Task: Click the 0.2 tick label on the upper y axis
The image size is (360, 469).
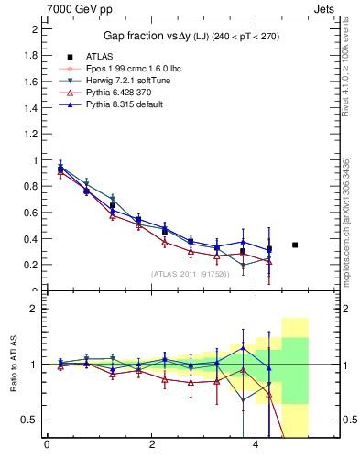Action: pyautogui.click(x=30, y=265)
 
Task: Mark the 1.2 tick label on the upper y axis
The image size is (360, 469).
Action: pyautogui.click(x=30, y=134)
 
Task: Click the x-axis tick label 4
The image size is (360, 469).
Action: pyautogui.click(x=256, y=446)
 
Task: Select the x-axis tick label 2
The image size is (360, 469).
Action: pyautogui.click(x=151, y=446)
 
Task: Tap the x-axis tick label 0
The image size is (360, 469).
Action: pyautogui.click(x=47, y=446)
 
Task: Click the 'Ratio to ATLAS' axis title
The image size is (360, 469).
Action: pyautogui.click(x=12, y=365)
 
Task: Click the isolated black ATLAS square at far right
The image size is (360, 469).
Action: pyautogui.click(x=295, y=245)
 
